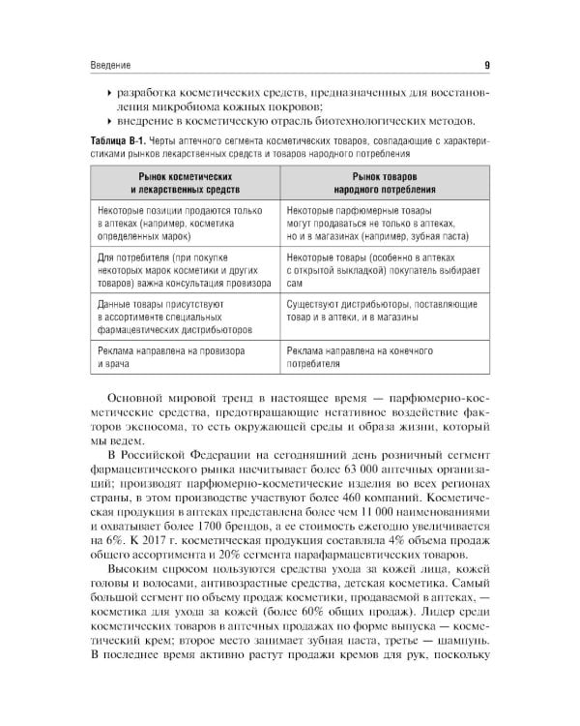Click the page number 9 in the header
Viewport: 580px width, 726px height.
coord(485,66)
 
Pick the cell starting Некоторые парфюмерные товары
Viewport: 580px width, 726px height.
coord(373,223)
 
